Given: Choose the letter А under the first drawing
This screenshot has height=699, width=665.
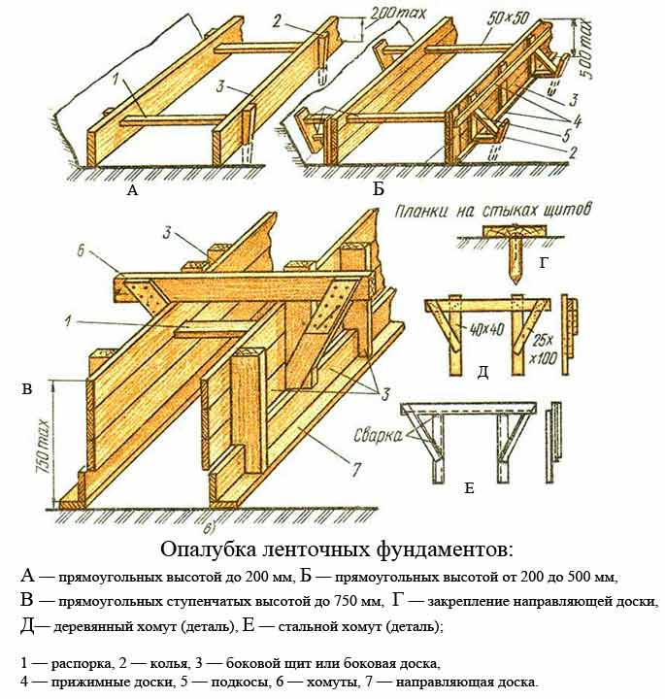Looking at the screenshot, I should (133, 191).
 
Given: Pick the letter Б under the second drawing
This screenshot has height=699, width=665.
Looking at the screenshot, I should (378, 190).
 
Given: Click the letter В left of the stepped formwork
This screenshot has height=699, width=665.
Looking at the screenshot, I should (26, 389).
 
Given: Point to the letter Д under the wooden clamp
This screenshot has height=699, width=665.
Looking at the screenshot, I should (482, 372).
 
